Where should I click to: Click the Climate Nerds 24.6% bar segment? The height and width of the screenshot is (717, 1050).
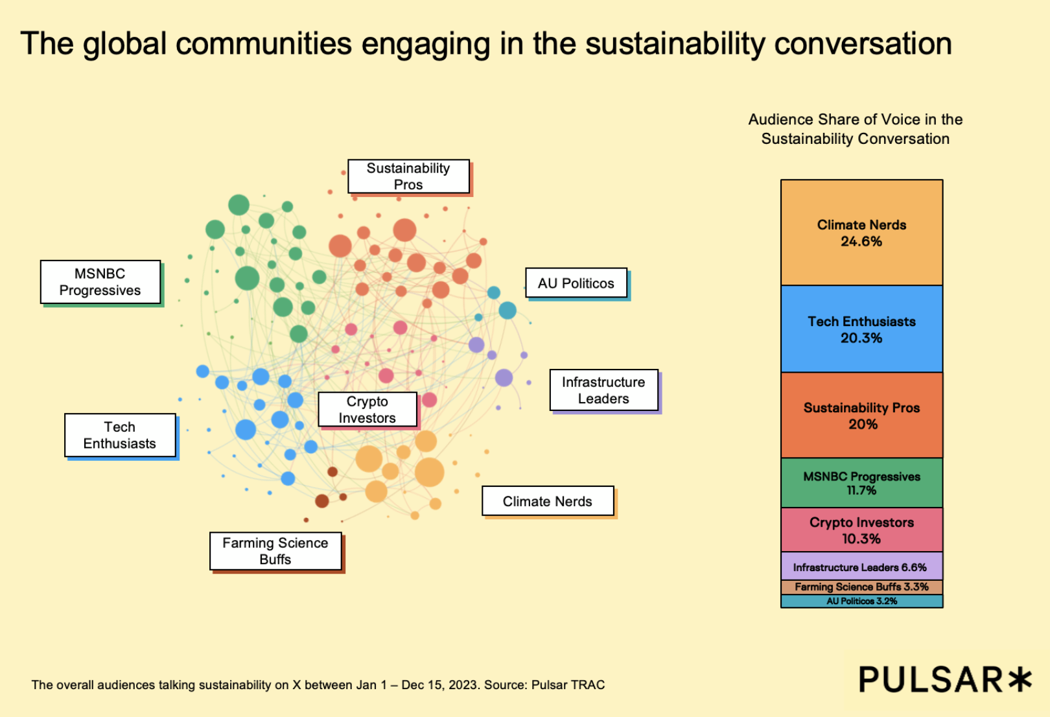[x=861, y=233]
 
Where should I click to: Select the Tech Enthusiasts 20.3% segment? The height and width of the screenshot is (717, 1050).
[x=861, y=329]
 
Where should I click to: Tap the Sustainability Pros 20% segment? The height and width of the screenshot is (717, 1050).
[x=861, y=416]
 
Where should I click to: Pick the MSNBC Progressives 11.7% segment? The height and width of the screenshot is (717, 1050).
[x=861, y=483]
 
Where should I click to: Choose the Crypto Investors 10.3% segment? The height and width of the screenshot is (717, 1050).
[x=861, y=530]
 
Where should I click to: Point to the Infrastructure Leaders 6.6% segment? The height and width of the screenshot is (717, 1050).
[x=861, y=567]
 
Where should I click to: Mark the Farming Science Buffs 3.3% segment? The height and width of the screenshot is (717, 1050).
[x=861, y=587]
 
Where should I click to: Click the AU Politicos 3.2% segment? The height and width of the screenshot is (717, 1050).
[x=861, y=601]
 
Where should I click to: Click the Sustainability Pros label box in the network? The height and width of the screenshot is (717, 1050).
[x=408, y=176]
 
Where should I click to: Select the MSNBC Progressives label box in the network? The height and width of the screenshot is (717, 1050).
[x=100, y=282]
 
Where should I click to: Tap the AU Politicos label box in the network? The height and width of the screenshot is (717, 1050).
[x=576, y=283]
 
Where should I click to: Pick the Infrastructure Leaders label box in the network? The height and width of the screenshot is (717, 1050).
[x=603, y=390]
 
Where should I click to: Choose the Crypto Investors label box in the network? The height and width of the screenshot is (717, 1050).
[x=367, y=410]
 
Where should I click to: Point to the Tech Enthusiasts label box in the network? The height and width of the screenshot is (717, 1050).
[x=120, y=435]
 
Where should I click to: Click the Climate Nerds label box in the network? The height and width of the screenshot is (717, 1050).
[x=548, y=501]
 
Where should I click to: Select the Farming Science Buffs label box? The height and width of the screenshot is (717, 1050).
[x=275, y=551]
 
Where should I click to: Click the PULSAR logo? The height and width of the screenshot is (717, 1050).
[x=944, y=680]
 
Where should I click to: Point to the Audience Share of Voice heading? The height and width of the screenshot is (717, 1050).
[x=855, y=129]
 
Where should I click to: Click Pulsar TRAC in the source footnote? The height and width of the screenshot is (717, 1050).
[x=568, y=685]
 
